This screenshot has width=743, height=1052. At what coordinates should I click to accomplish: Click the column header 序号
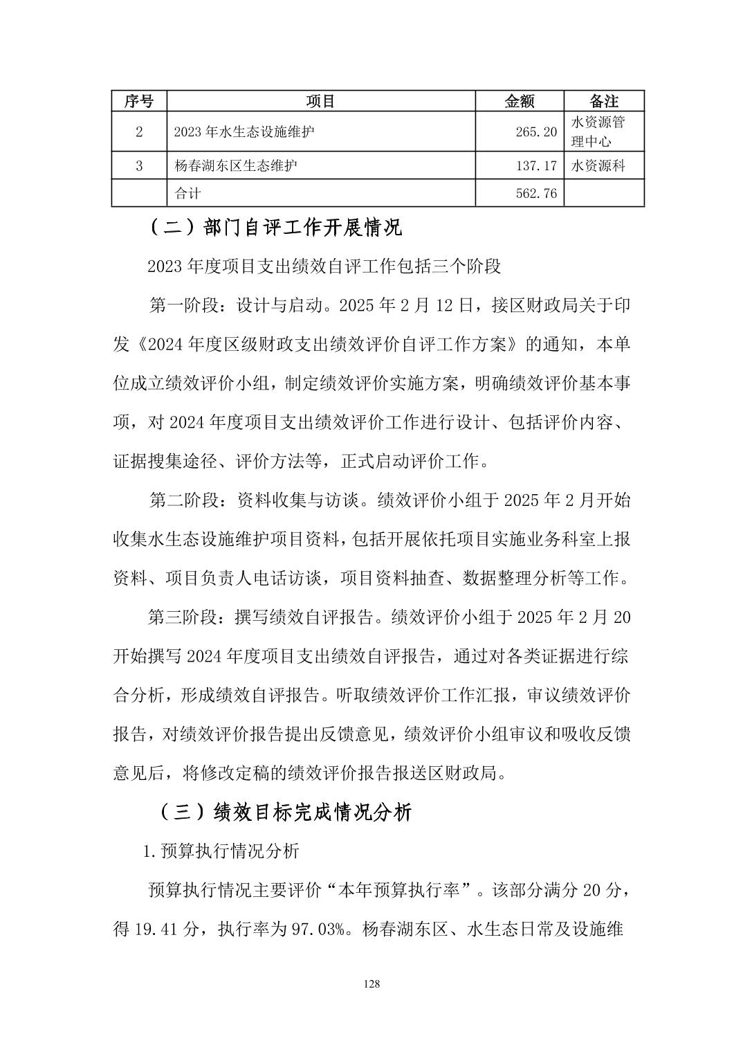click(139, 101)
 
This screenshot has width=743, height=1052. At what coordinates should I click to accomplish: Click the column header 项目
click(320, 101)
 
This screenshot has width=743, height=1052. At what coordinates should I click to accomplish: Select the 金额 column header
click(520, 101)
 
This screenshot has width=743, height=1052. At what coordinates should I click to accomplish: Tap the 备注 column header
click(604, 101)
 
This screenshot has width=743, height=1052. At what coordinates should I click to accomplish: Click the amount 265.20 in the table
click(536, 131)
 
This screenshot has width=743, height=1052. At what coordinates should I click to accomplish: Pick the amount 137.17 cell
click(536, 166)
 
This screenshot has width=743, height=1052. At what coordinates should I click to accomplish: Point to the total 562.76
click(536, 193)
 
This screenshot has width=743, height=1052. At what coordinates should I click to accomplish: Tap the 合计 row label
click(187, 193)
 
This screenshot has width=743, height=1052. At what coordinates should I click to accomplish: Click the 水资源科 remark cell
click(598, 166)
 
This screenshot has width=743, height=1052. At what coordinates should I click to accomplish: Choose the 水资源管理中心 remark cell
click(598, 131)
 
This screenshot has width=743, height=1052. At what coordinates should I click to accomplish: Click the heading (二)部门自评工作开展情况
click(275, 227)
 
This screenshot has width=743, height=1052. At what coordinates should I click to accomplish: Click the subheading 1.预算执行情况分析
click(221, 851)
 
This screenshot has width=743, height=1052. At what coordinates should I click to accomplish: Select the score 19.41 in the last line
click(154, 929)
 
